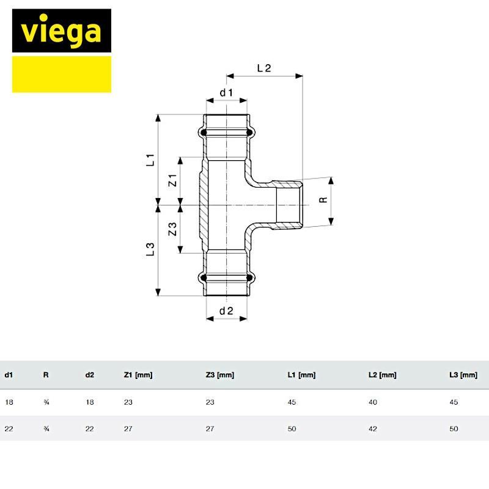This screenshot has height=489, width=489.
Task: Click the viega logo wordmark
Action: (x=61, y=32)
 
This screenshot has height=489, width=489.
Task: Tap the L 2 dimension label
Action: (x=264, y=68)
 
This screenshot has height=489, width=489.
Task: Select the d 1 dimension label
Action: (x=226, y=93)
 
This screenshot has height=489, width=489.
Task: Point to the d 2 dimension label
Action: (x=226, y=311)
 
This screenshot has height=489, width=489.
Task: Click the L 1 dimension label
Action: (x=150, y=160)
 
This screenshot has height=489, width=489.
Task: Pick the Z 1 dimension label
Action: (x=172, y=180)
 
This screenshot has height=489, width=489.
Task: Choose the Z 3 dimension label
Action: (x=172, y=229)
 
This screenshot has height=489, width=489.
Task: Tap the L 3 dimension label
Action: (x=150, y=249)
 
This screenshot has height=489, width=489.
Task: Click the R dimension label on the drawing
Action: (x=323, y=200)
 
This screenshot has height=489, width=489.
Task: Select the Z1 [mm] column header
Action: (x=138, y=375)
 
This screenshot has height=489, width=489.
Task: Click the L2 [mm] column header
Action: (x=383, y=375)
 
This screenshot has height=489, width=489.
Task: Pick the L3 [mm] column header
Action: (x=463, y=375)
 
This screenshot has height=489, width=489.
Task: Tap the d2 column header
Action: (x=89, y=375)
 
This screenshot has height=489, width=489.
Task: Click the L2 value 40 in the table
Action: (x=373, y=402)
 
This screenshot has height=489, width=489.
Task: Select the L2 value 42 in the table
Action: (x=373, y=429)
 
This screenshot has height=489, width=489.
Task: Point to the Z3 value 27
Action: (x=210, y=429)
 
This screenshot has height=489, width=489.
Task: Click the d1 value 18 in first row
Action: (x=9, y=402)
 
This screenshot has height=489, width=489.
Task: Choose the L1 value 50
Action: (x=292, y=429)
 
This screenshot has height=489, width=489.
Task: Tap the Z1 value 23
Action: (x=128, y=402)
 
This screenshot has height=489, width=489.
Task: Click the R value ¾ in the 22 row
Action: (x=46, y=429)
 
